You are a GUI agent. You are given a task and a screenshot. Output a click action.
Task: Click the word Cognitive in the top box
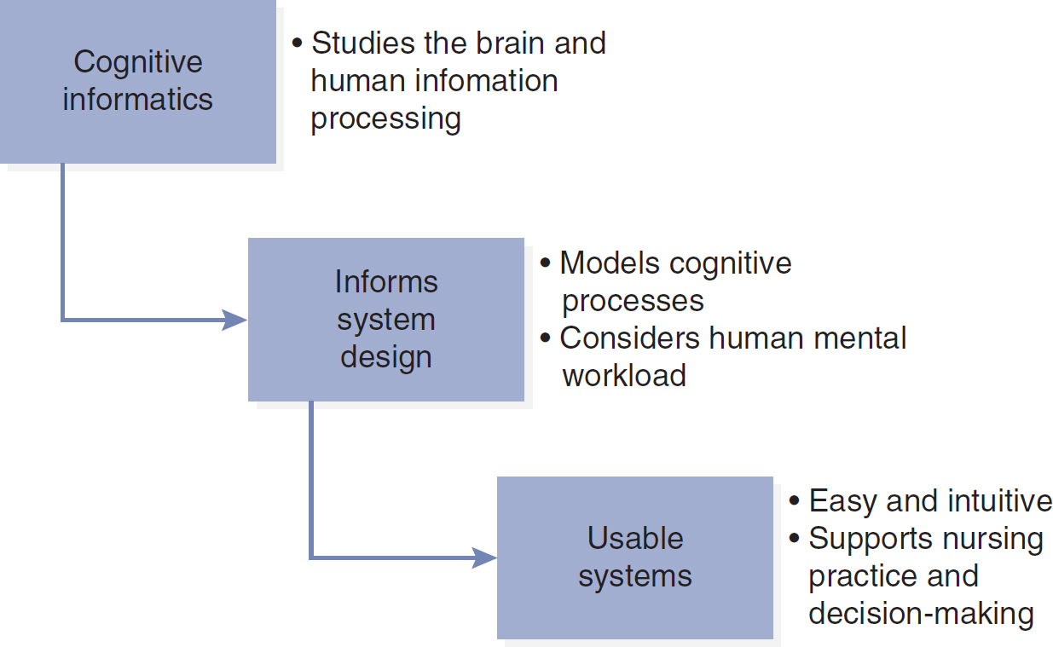(x=138, y=63)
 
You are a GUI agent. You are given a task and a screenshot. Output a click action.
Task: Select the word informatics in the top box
(x=138, y=99)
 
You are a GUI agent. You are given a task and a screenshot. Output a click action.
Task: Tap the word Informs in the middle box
(x=386, y=281)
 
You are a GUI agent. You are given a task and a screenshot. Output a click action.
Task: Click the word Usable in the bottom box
(x=635, y=538)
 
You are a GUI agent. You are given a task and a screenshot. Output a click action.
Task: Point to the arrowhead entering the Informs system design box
(x=234, y=320)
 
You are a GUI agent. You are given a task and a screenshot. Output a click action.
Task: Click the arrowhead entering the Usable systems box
(x=484, y=557)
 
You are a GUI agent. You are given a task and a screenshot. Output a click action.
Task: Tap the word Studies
(x=363, y=43)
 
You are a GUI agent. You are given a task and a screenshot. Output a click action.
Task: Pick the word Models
(x=610, y=263)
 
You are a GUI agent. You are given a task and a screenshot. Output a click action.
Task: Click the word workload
(x=624, y=375)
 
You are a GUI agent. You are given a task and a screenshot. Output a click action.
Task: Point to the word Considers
(x=629, y=338)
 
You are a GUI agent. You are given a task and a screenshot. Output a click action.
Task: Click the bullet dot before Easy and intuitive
(x=794, y=500)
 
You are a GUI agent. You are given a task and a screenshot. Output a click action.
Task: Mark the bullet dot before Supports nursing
(x=794, y=538)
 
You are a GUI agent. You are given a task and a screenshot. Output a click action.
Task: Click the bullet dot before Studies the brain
(x=297, y=43)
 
